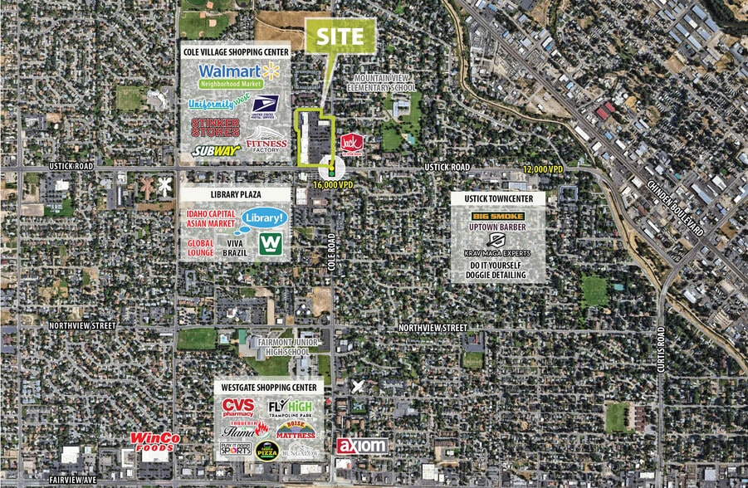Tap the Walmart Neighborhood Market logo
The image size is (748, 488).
(237, 75)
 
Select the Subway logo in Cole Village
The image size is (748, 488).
(217, 150)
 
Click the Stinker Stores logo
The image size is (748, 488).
(216, 127)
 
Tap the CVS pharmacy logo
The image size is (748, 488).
(237, 407)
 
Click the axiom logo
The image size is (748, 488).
(362, 446)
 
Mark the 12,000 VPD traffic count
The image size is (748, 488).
(543, 168)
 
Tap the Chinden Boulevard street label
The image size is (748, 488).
(674, 207)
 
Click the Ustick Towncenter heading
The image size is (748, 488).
(498, 199)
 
